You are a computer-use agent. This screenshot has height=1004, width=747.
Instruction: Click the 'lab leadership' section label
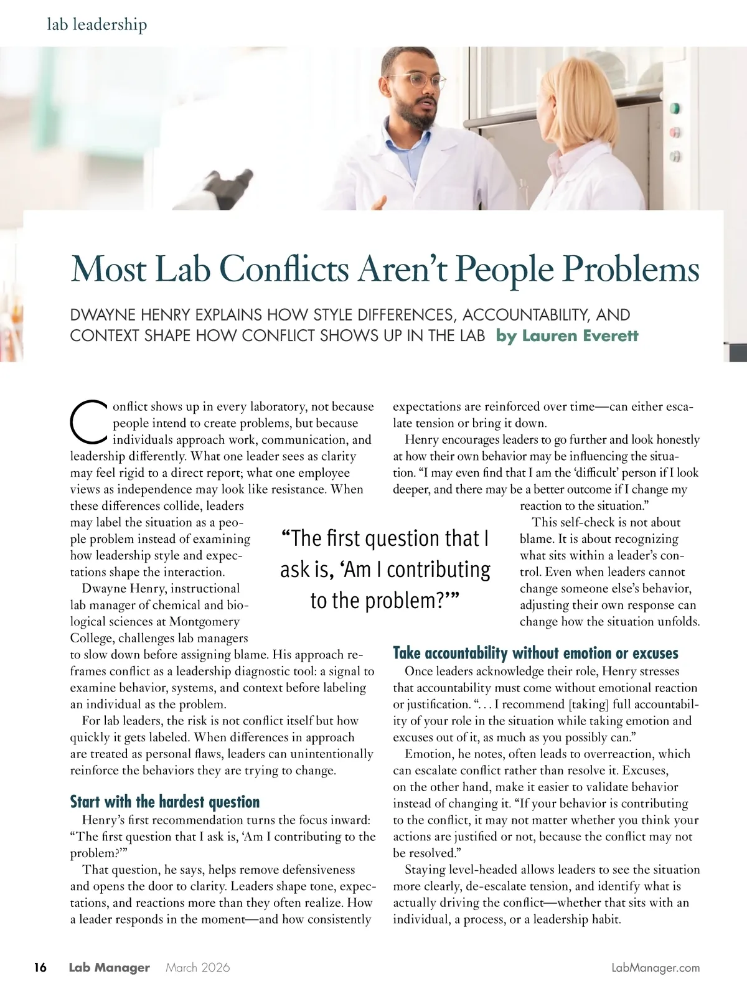click(x=97, y=25)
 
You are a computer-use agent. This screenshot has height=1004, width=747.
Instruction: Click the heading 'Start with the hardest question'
click(x=164, y=801)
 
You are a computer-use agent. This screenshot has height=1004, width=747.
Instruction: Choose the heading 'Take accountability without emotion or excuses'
click(x=535, y=653)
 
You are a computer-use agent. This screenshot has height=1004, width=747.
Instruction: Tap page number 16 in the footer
click(x=40, y=967)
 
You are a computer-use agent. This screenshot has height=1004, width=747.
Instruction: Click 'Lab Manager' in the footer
click(x=109, y=967)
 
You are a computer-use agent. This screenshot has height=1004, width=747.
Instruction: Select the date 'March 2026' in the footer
click(x=198, y=967)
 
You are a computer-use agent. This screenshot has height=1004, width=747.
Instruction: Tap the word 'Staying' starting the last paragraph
click(x=425, y=870)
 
